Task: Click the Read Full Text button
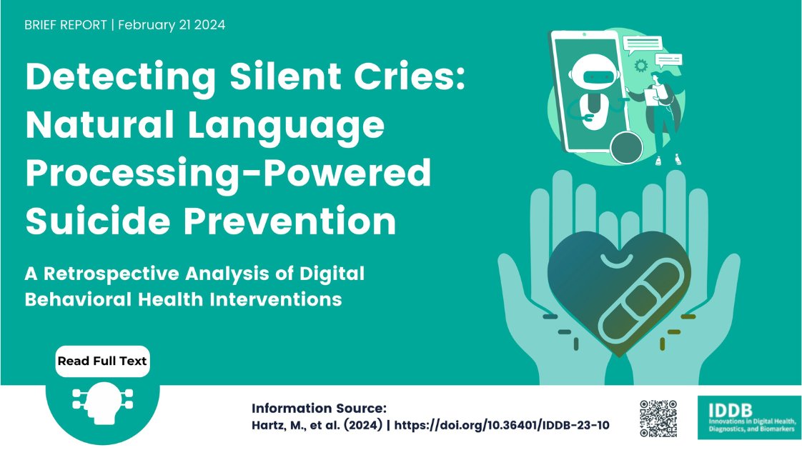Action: point(102,361)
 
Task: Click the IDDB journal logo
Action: point(748,417)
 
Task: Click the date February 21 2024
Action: point(172,25)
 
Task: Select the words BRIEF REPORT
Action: point(65,25)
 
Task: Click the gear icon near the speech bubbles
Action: point(640,65)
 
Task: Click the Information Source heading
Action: point(319,408)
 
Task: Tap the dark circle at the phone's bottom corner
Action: point(627,147)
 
